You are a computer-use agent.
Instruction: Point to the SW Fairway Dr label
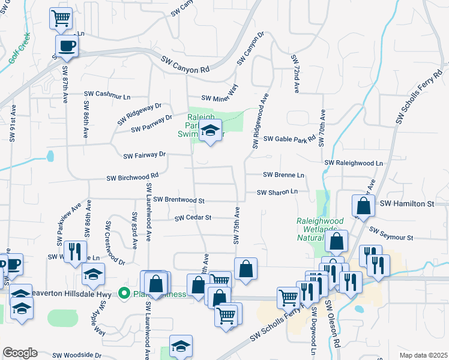[144, 155]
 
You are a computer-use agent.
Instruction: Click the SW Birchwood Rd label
[132, 178]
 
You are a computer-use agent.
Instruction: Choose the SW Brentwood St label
[179, 200]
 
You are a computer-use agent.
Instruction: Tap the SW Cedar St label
[193, 218]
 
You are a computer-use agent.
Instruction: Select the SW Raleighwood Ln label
[354, 163]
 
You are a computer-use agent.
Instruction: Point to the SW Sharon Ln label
[277, 192]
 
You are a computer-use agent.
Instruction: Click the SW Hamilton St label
[407, 205]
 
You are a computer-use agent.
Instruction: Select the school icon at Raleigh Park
[210, 131]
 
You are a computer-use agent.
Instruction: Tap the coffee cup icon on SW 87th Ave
[66, 46]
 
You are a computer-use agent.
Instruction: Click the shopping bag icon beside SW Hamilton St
[363, 206]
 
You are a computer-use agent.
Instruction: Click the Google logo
[20, 353]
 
